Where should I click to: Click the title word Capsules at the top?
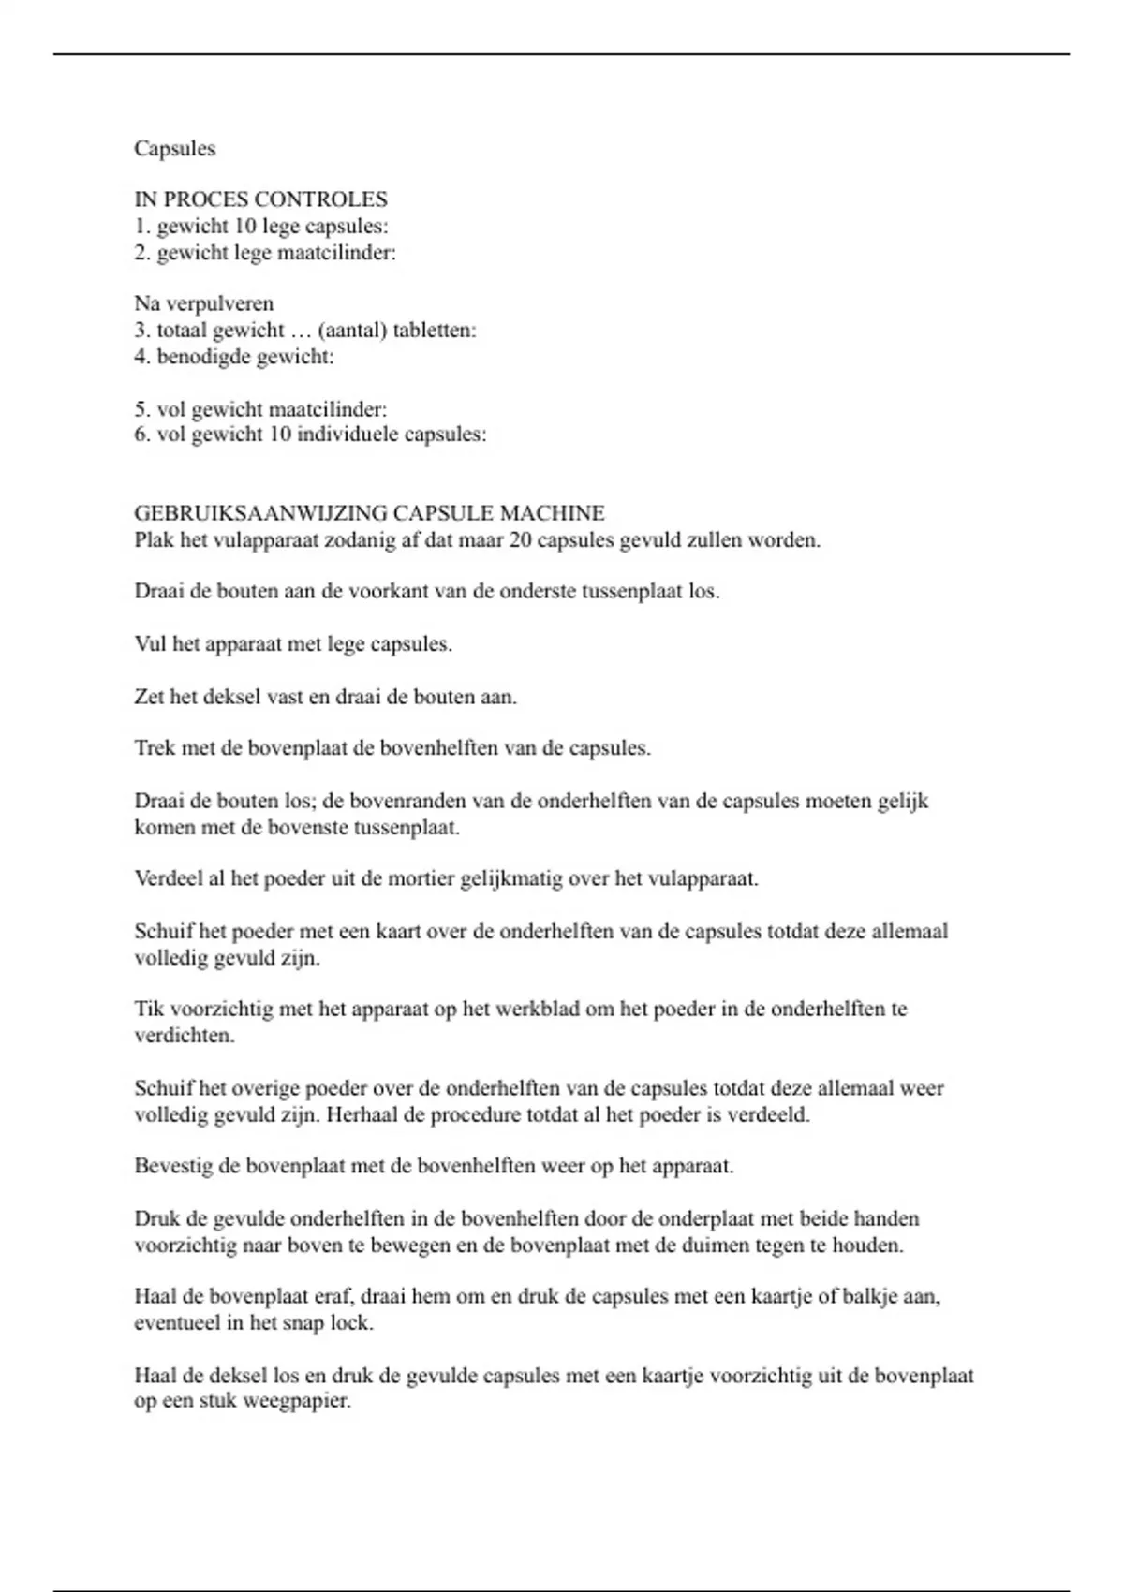pyautogui.click(x=174, y=149)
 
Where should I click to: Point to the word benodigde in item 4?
pyautogui.click(x=197, y=356)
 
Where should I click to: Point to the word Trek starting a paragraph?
pyautogui.click(x=154, y=748)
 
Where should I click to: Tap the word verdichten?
pyautogui.click(x=184, y=1036)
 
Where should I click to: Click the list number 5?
pyautogui.click(x=141, y=409)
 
